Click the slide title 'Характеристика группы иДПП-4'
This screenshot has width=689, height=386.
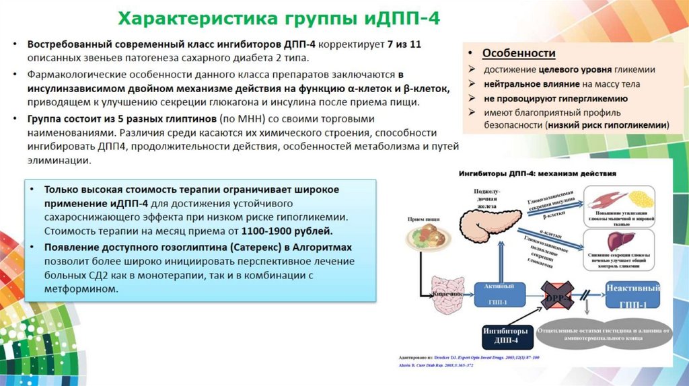279,17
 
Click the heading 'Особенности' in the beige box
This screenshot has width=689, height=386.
519,53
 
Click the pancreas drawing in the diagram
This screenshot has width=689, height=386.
488,216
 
